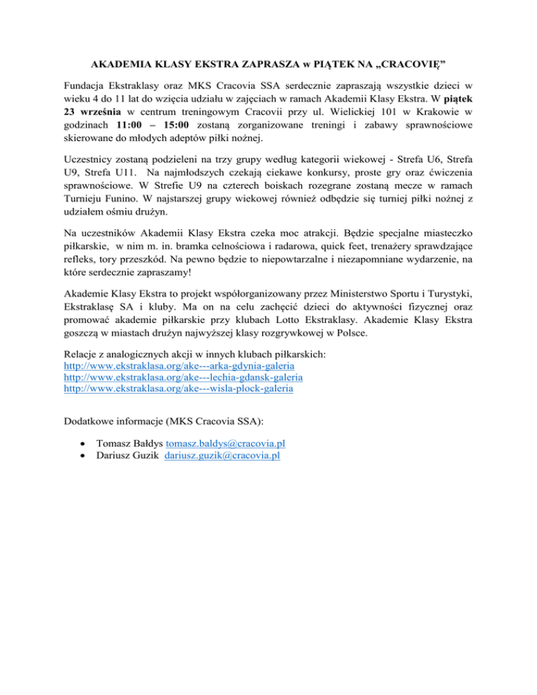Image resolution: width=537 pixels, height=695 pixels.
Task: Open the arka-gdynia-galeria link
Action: click(x=178, y=366)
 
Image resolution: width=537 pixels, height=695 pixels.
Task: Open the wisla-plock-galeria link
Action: click(x=178, y=389)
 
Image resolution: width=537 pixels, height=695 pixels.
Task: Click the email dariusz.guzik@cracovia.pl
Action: click(x=222, y=455)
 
